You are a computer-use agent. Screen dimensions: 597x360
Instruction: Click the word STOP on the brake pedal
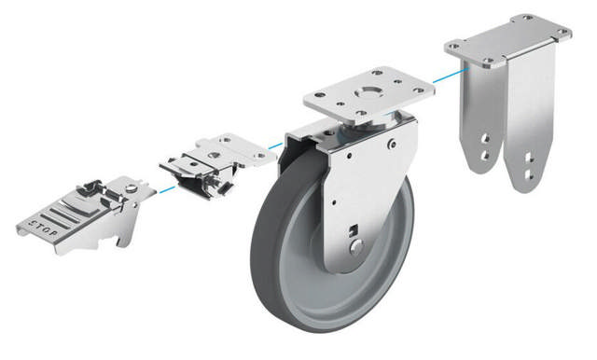click(44, 228)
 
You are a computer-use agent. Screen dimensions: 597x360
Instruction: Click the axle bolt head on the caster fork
click(356, 247)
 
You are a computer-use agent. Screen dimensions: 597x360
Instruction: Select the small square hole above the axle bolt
click(354, 229)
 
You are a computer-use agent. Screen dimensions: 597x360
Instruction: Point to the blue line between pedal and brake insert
click(167, 189)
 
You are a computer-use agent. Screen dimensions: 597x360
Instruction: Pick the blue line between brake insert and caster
click(275, 145)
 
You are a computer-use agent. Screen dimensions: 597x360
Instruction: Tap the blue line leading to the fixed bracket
click(451, 76)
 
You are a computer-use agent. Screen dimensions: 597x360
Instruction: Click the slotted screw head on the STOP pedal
click(132, 187)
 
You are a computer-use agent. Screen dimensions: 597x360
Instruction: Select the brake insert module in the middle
click(217, 164)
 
